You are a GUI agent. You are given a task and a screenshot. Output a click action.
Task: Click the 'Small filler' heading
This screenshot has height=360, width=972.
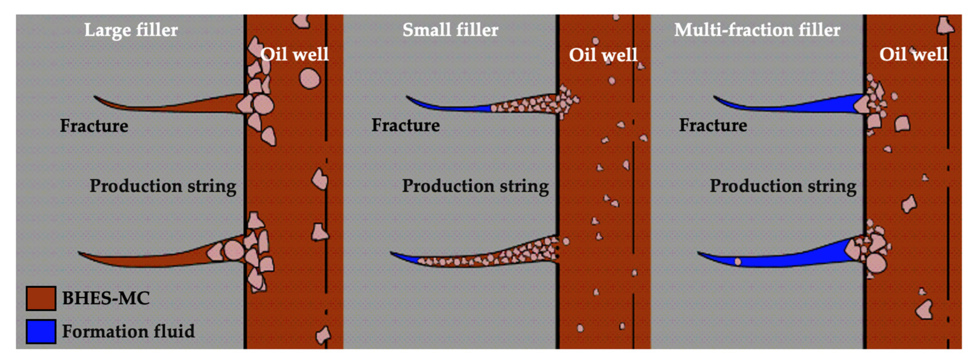coord(450,30)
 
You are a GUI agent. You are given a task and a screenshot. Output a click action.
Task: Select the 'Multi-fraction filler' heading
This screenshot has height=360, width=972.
coord(757,30)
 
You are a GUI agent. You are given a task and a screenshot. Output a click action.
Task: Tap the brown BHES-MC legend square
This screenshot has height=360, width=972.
coord(41,298)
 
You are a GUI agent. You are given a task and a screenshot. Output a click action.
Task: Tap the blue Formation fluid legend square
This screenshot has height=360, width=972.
coord(41,331)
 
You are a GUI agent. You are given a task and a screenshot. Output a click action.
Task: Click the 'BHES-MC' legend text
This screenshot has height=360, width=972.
coord(106,298)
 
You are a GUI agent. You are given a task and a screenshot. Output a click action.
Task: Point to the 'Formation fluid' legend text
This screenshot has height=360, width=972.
coord(128,331)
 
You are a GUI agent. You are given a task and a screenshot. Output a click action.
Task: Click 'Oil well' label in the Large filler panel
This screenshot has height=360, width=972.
coord(294,54)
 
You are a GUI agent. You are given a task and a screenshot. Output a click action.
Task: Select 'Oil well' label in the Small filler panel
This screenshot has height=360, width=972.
coord(603,55)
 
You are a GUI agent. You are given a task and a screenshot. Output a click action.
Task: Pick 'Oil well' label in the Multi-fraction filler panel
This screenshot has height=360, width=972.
coord(913,54)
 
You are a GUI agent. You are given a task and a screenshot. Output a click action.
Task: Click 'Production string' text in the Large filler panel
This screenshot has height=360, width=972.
coord(163,186)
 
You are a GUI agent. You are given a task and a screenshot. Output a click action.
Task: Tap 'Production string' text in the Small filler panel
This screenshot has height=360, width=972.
coord(475,186)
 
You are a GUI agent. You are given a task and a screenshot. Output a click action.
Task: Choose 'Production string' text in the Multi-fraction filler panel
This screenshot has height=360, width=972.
coord(783,186)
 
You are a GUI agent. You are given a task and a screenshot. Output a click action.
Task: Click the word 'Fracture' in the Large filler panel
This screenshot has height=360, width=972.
coord(94,126)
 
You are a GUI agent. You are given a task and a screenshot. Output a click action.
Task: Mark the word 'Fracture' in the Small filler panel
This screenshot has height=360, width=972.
coord(406,125)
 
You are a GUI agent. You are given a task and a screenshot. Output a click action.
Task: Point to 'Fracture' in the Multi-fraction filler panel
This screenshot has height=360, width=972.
coord(713,125)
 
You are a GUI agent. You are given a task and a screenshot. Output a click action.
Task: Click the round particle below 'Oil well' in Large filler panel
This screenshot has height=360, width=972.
coord(309,79)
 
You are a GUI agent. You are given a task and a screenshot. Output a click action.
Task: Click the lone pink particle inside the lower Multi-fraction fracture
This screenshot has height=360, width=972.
coord(738,261)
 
